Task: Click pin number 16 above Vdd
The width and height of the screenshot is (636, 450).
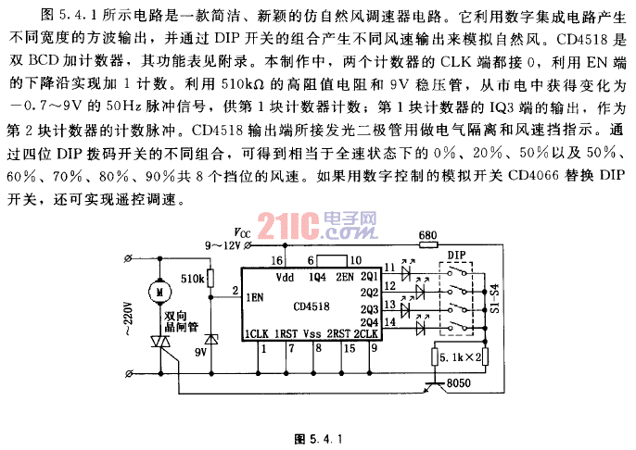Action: [277, 261]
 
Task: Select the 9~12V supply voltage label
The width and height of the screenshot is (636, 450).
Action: [223, 245]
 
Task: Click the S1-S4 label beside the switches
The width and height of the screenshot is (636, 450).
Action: [493, 297]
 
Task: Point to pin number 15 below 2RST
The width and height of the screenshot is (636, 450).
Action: [350, 348]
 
